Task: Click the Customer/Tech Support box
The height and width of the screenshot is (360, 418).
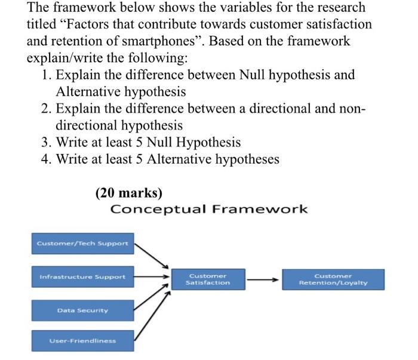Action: click(x=82, y=243)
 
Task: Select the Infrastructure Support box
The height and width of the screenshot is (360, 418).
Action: click(x=82, y=277)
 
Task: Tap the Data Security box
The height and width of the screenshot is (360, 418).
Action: click(x=82, y=310)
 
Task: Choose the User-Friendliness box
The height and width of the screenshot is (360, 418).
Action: click(x=82, y=341)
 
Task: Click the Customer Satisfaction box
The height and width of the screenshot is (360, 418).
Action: click(x=208, y=279)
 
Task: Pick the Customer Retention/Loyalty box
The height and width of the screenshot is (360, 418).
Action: click(x=333, y=279)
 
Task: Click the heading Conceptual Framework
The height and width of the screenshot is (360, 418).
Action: click(x=209, y=209)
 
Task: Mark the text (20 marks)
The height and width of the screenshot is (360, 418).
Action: click(x=128, y=193)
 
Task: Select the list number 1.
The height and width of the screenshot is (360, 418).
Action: click(x=47, y=75)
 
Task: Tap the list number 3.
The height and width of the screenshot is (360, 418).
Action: click(x=47, y=143)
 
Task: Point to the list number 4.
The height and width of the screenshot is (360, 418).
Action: click(x=47, y=159)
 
